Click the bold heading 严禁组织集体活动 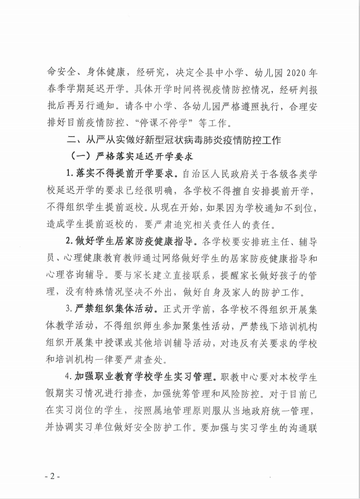pyautogui.click(x=116, y=309)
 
